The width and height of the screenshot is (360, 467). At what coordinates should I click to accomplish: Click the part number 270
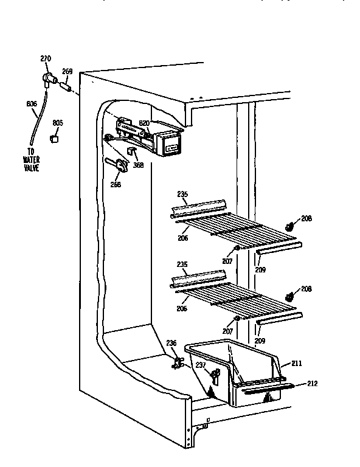tap(46, 58)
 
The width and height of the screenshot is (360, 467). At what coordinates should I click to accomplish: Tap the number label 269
tap(67, 71)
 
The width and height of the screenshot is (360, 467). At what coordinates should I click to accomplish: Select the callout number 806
tap(32, 104)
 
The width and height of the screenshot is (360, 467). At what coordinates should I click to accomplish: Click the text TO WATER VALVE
tap(31, 160)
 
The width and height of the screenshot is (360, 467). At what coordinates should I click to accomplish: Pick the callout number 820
tap(144, 123)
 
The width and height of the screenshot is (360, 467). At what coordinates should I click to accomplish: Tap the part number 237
tap(200, 365)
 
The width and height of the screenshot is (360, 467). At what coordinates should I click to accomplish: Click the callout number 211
tap(296, 364)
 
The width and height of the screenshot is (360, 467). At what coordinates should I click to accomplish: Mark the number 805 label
tap(58, 123)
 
